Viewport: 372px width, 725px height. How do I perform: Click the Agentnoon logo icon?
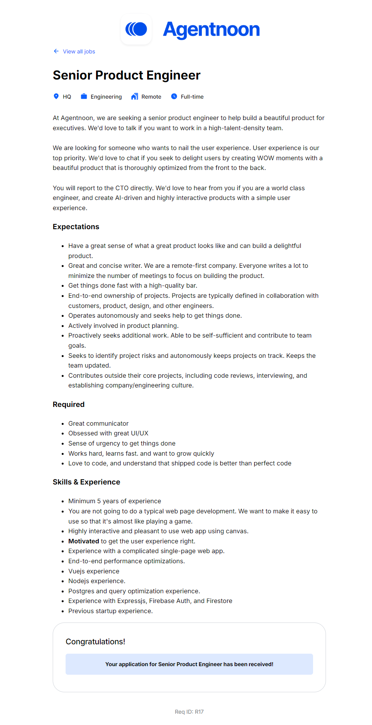pyautogui.click(x=136, y=29)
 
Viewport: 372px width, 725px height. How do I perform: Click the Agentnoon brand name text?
pyautogui.click(x=211, y=30)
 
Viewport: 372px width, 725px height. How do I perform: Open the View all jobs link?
pyautogui.click(x=79, y=51)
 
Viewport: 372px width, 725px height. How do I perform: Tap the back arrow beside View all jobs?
pyautogui.click(x=56, y=51)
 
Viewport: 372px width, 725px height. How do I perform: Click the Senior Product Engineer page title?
pyautogui.click(x=126, y=75)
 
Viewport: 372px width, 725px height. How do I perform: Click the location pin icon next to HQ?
pyautogui.click(x=56, y=96)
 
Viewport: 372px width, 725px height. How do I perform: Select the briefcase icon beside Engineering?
pyautogui.click(x=84, y=96)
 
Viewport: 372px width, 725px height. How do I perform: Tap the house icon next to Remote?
pyautogui.click(x=135, y=96)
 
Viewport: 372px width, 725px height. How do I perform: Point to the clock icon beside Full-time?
pyautogui.click(x=174, y=96)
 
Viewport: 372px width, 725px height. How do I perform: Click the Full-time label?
pyautogui.click(x=192, y=97)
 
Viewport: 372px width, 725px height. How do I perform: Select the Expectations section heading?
pyautogui.click(x=76, y=227)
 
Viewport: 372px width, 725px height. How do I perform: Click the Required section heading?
pyautogui.click(x=69, y=405)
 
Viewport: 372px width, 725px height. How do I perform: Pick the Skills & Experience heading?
pyautogui.click(x=87, y=482)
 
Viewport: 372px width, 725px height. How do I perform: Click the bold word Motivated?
pyautogui.click(x=84, y=541)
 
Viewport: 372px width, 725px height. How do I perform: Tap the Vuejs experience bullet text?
pyautogui.click(x=94, y=571)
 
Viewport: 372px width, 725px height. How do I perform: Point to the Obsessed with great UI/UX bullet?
pyautogui.click(x=108, y=433)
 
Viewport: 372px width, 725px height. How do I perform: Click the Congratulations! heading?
pyautogui.click(x=95, y=642)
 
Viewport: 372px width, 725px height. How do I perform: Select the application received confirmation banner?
pyautogui.click(x=189, y=664)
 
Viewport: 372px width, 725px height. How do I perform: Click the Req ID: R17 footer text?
pyautogui.click(x=189, y=712)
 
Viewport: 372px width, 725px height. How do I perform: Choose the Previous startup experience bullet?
pyautogui.click(x=110, y=611)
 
